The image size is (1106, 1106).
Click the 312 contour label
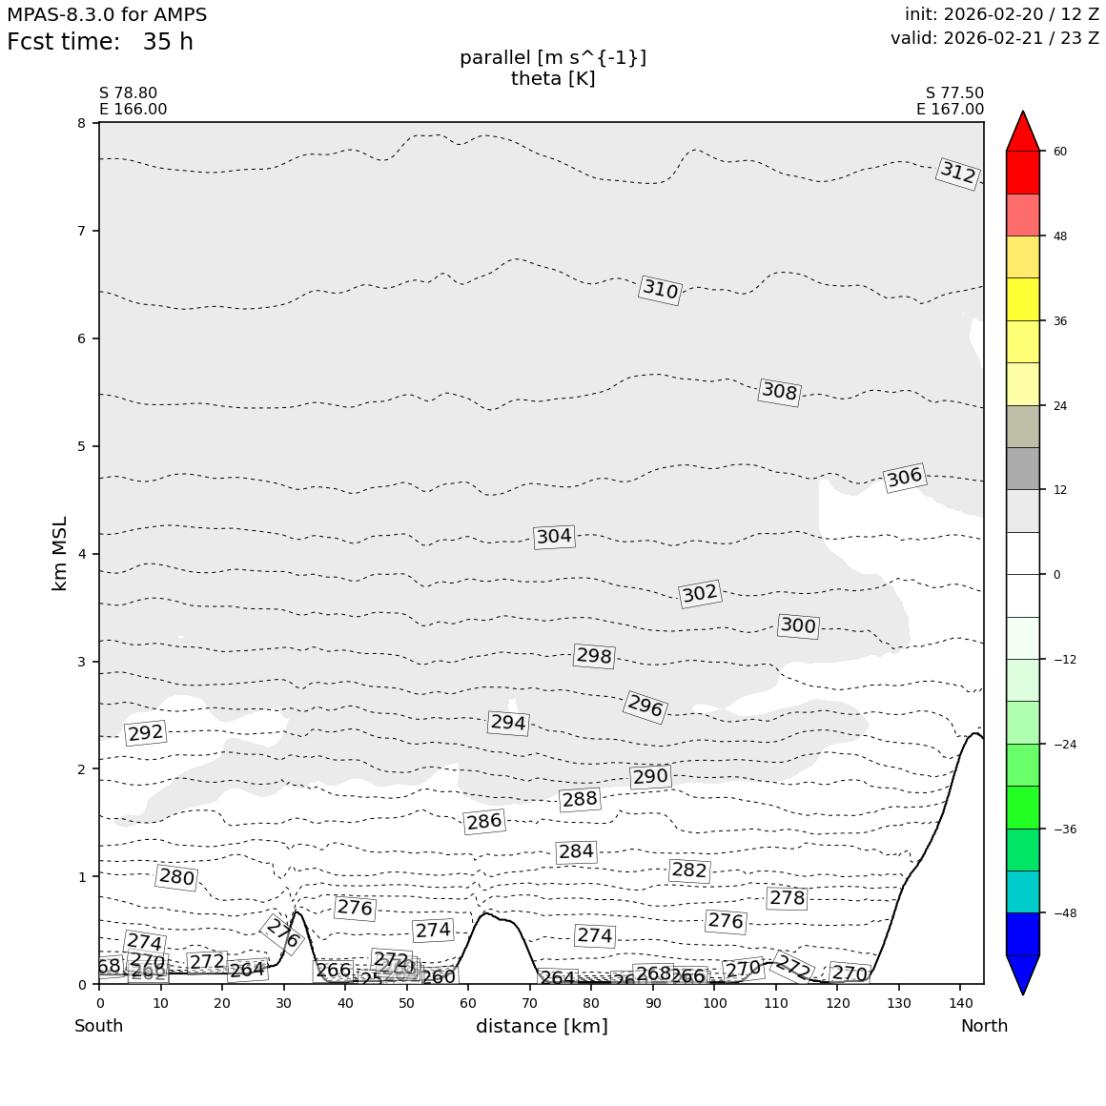coord(957,174)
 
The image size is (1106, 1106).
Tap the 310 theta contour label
coord(660,290)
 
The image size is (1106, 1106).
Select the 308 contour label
coord(779,392)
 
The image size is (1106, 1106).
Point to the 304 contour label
coord(554,537)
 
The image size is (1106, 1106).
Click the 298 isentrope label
coord(593,656)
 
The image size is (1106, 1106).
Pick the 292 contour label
coord(146,733)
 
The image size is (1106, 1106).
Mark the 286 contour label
coord(483,822)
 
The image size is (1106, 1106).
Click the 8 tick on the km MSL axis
coord(82,123)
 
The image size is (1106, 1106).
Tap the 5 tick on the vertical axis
coord(82,446)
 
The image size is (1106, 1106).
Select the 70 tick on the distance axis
coord(529,1003)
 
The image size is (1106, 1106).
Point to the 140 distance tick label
coord(960,1003)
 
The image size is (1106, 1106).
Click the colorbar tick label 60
coord(1060,152)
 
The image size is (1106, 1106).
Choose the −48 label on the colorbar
coord(1064,913)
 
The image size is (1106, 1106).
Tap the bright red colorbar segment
coord(1023,173)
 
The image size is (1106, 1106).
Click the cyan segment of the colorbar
coord(1023,891)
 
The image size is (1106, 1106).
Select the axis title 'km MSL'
coord(60,553)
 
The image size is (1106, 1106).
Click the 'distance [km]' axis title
coord(542,1027)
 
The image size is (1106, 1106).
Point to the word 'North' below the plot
coord(984,1027)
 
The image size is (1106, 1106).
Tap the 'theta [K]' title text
coord(553,79)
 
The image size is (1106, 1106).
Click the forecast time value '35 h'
coord(168,43)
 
